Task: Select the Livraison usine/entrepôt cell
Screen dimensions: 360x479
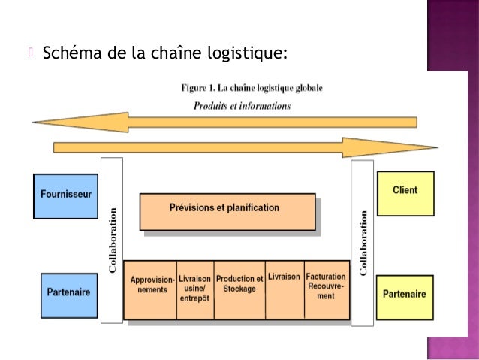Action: (195, 289)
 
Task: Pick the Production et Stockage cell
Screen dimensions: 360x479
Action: (239, 289)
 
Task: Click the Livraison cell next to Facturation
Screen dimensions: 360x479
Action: (284, 289)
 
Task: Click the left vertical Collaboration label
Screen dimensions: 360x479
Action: (113, 241)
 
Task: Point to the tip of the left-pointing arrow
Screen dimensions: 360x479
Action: (34, 122)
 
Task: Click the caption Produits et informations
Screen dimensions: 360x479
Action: (242, 106)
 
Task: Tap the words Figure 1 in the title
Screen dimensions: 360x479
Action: (197, 88)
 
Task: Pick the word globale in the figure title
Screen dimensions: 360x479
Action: (308, 88)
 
